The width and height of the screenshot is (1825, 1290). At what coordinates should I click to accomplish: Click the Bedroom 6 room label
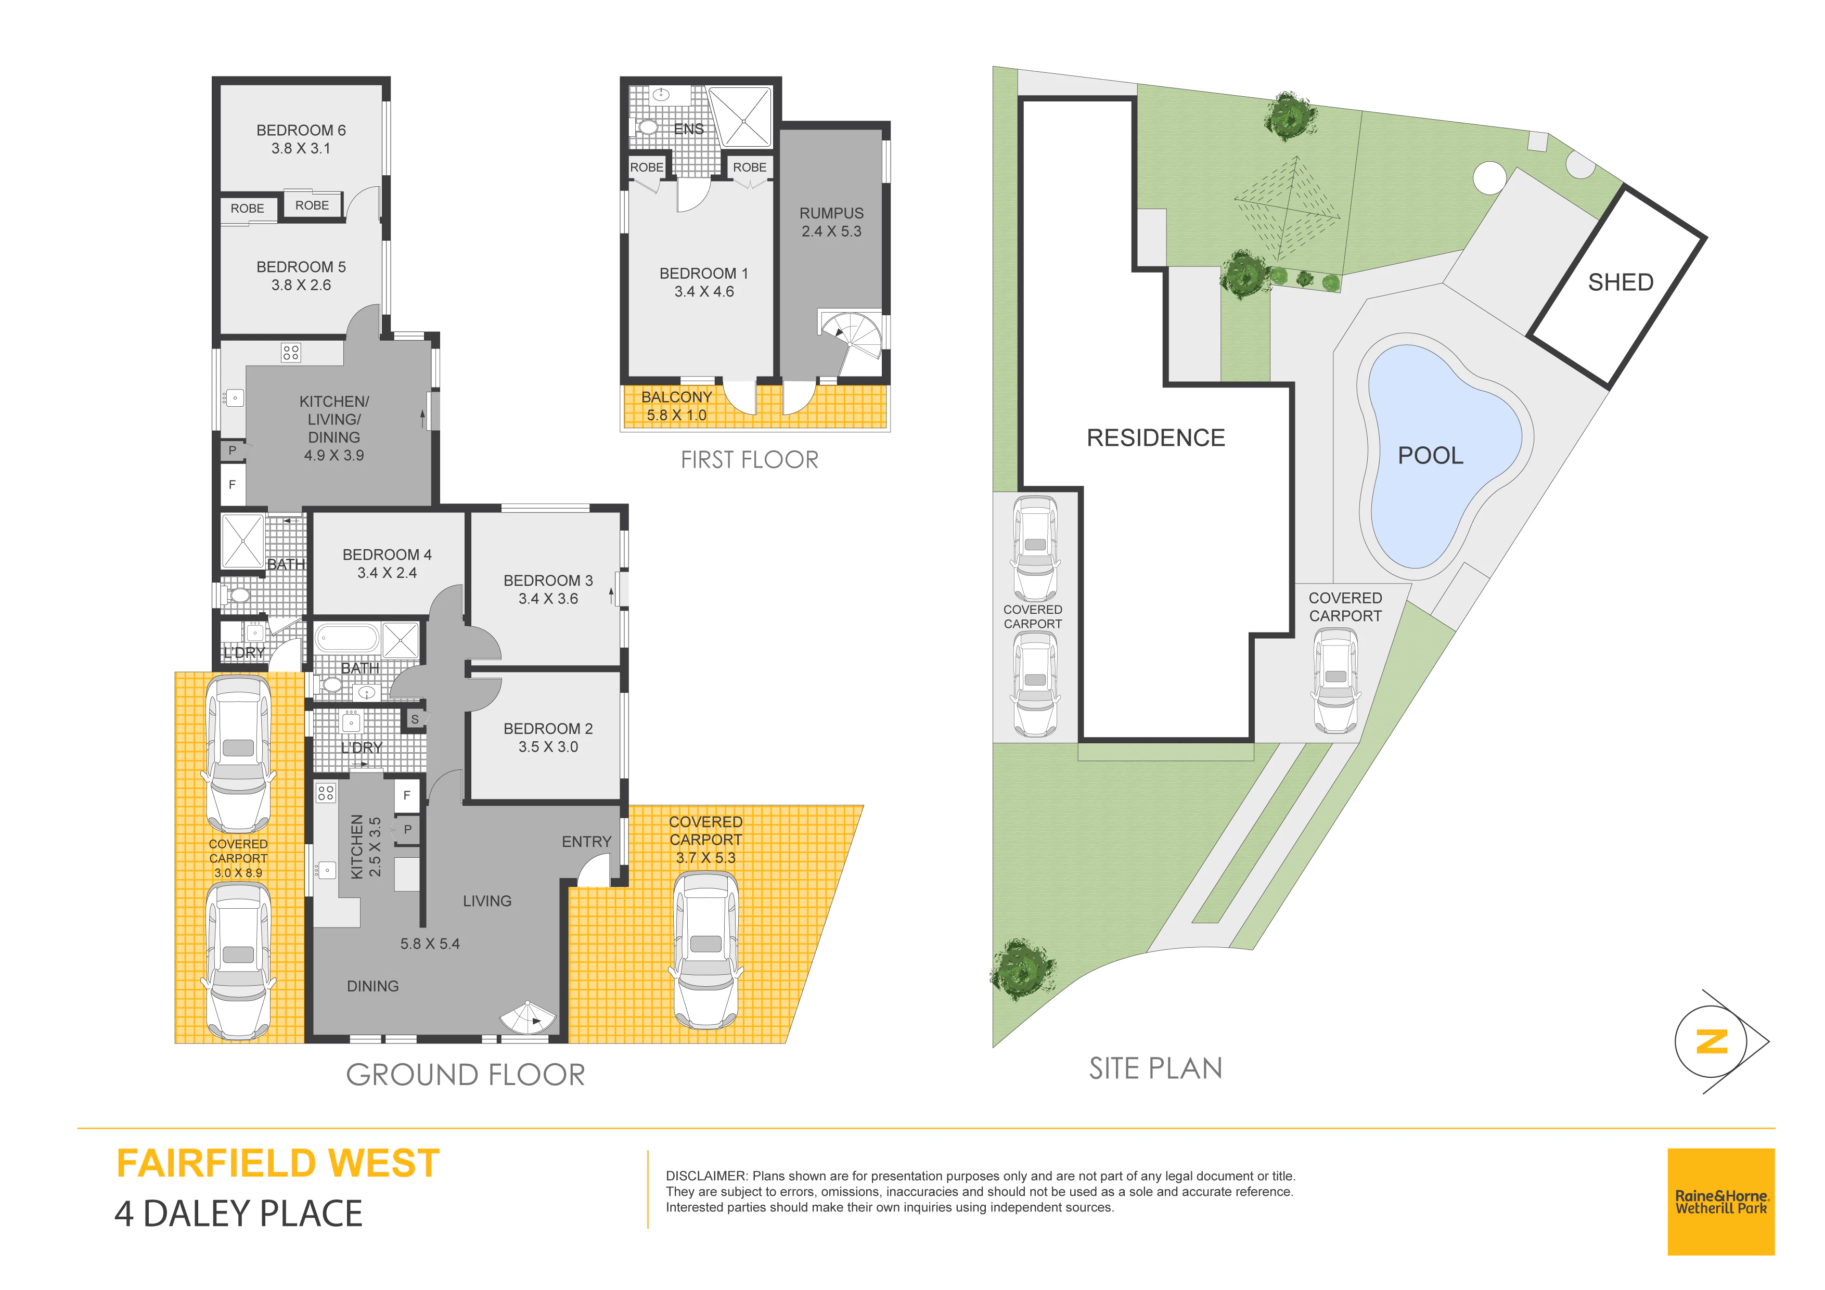[x=301, y=139]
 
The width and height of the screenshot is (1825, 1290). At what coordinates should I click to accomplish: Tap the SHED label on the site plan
[x=1620, y=282]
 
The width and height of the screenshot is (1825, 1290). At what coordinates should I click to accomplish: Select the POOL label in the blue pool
[x=1430, y=456]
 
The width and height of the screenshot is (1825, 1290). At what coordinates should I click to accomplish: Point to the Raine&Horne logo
[x=1721, y=1202]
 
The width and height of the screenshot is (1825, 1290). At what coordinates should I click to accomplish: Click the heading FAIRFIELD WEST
[x=278, y=1164]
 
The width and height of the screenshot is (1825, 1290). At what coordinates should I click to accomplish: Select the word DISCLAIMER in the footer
[x=706, y=1176]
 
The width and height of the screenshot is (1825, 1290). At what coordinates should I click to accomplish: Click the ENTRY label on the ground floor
[x=587, y=842]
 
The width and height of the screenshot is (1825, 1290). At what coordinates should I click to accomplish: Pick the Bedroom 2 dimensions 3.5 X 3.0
[x=548, y=747]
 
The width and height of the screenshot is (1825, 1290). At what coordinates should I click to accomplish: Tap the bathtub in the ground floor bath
[x=348, y=639]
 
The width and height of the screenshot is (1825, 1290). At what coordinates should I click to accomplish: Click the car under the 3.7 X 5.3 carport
[x=706, y=951]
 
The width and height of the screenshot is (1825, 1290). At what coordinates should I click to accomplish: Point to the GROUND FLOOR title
[x=466, y=1075]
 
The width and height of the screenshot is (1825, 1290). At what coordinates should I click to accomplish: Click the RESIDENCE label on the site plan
[x=1156, y=438]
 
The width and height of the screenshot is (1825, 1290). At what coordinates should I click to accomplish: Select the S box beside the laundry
[x=414, y=719]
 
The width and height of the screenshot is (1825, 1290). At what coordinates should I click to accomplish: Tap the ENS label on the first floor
[x=688, y=129]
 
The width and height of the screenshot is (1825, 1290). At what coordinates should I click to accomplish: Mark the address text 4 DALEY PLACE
[x=238, y=1214]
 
